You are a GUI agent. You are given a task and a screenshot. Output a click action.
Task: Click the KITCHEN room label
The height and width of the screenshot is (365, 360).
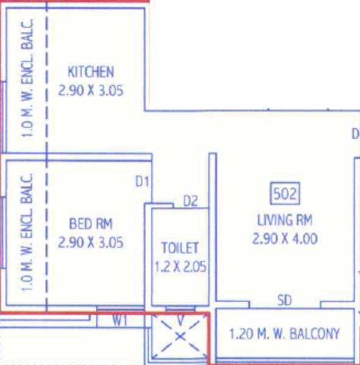click(x=90, y=72)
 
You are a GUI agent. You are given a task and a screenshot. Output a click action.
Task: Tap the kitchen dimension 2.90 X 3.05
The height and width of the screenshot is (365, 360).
click(x=90, y=91)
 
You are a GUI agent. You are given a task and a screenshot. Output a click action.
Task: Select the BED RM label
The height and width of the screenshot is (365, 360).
click(x=91, y=223)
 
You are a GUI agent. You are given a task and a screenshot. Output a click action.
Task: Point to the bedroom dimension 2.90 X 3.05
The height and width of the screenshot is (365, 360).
click(x=91, y=243)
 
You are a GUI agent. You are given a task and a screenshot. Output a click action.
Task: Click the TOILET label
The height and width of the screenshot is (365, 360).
click(x=180, y=248)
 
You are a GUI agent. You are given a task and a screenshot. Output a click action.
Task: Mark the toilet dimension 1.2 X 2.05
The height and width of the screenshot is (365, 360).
click(x=180, y=266)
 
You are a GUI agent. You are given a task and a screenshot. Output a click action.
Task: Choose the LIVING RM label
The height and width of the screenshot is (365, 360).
click(x=284, y=220)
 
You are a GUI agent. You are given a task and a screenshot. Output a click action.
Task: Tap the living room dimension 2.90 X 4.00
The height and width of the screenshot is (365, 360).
click(x=284, y=238)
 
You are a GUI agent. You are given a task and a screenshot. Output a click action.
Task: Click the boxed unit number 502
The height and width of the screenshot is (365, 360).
click(x=284, y=195)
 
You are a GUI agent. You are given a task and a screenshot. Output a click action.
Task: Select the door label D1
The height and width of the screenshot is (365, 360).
click(x=143, y=181)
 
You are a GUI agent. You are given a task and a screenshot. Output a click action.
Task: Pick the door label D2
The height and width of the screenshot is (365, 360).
click(x=191, y=201)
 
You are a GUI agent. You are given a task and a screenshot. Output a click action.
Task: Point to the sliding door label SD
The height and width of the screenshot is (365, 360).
click(x=284, y=301)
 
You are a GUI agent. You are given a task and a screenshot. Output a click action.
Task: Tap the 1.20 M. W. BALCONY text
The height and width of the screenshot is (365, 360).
click(x=284, y=334)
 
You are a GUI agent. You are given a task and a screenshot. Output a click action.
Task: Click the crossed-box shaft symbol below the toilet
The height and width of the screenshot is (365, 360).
click(x=180, y=336)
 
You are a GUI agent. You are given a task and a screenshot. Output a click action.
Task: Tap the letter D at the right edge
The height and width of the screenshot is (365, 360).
click(x=355, y=134)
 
